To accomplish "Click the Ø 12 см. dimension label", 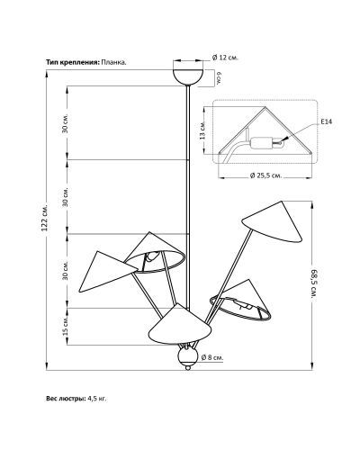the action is pyautogui.click(x=225, y=58).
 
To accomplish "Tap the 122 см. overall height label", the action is pyautogui.click(x=45, y=218).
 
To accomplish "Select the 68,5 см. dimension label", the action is pyautogui.click(x=313, y=283).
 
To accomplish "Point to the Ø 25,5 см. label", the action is pyautogui.click(x=265, y=175).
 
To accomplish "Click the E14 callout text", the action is pyautogui.click(x=327, y=121).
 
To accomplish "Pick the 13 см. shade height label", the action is pyautogui.click(x=202, y=130).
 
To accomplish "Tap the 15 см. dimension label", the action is pyautogui.click(x=66, y=327).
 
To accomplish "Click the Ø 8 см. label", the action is pyautogui.click(x=212, y=357).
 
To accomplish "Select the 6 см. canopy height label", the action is pyautogui.click(x=220, y=78).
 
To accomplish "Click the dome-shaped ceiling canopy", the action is pyautogui.click(x=188, y=76).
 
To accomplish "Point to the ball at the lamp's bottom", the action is pyautogui.click(x=187, y=356).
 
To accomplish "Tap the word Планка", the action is pyautogui.click(x=113, y=62).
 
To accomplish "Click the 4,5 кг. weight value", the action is pyautogui.click(x=97, y=399).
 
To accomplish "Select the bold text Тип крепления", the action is pyautogui.click(x=72, y=62).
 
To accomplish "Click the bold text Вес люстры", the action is pyautogui.click(x=66, y=399).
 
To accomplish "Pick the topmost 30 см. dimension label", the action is pyautogui.click(x=66, y=123).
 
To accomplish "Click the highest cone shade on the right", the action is pyautogui.click(x=272, y=222).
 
